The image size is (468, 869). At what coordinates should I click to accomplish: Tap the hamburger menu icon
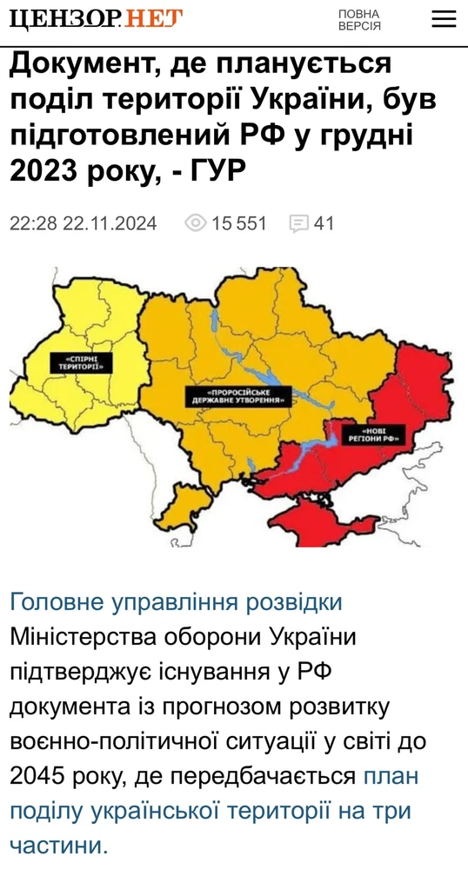pyautogui.click(x=444, y=18)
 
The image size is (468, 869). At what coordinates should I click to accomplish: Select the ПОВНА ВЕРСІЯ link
pyautogui.click(x=359, y=19)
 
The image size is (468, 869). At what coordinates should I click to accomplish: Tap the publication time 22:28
pyautogui.click(x=34, y=223)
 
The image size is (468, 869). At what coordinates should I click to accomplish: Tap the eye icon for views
pyautogui.click(x=196, y=223)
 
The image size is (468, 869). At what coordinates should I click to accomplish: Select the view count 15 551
pyautogui.click(x=239, y=223)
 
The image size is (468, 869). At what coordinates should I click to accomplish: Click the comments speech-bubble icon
pyautogui.click(x=298, y=224)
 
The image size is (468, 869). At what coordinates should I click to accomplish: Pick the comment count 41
pyautogui.click(x=324, y=223)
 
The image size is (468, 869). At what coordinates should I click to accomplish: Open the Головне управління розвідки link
pyautogui.click(x=176, y=602)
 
